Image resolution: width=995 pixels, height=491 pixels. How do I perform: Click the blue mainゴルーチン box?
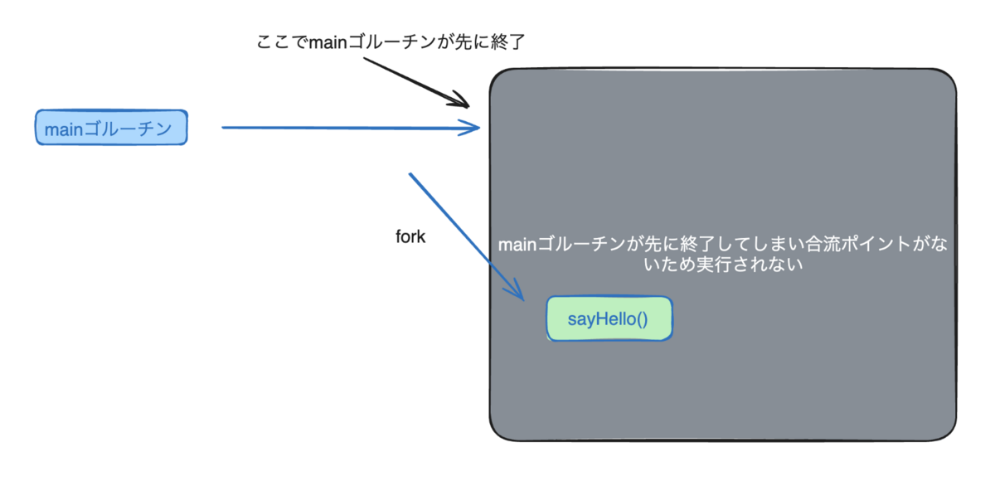coord(111,128)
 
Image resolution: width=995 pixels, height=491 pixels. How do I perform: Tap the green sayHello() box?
coord(609,318)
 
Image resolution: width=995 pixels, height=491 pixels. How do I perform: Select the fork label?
coord(410,236)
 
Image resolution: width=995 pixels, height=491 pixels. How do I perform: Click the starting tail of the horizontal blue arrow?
coord(224,128)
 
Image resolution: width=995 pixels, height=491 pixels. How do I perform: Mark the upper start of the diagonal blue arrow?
coord(410,174)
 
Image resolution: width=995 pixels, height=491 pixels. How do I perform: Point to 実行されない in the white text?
coord(758,266)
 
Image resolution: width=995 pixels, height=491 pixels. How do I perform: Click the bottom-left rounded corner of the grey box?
coord(500,429)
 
